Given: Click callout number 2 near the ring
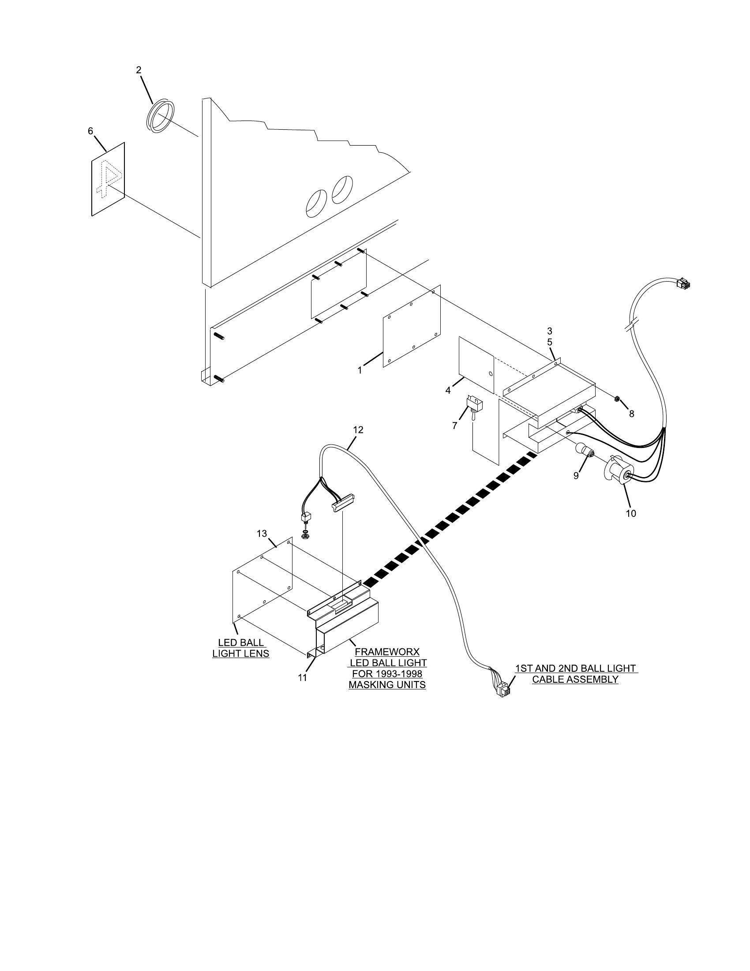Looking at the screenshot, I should click(139, 70).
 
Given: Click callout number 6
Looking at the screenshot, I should click(90, 131).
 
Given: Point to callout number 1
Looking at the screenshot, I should click(360, 370).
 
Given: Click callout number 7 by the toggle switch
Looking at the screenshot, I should click(454, 425).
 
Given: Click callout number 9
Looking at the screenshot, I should click(576, 476).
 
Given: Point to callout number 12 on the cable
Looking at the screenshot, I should click(358, 429).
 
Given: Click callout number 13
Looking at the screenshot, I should click(262, 533).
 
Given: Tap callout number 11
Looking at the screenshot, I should click(303, 677).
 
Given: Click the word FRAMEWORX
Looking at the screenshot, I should click(387, 652).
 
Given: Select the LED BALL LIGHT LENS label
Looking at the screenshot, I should click(241, 648).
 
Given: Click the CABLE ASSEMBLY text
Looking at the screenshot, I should click(575, 679).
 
